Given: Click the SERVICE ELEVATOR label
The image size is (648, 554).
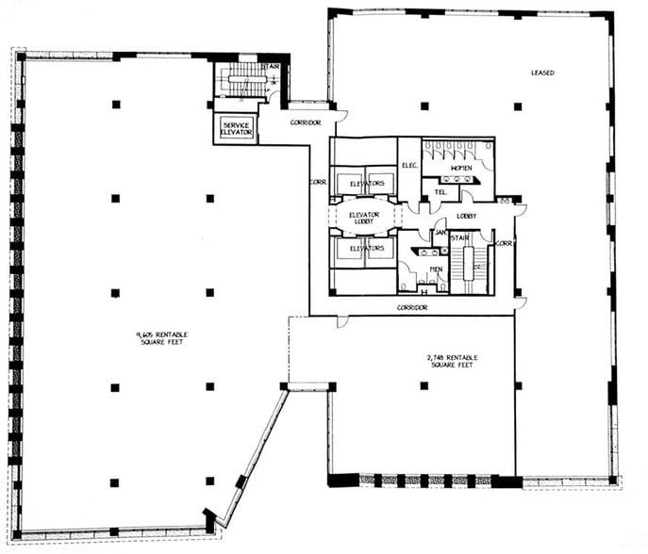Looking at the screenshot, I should (235, 128).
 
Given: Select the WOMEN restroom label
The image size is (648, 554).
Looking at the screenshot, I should (461, 168).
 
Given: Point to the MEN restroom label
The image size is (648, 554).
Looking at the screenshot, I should (437, 269).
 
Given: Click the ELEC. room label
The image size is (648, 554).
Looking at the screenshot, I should (409, 166).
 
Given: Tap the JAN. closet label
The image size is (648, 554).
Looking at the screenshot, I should (439, 232).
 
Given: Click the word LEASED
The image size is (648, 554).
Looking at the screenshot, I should (542, 73).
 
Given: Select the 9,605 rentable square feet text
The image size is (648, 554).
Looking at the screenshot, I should (162, 336).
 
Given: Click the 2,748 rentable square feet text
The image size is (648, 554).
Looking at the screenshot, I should (450, 361).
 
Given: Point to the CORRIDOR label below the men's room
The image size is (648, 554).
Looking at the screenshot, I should (412, 307).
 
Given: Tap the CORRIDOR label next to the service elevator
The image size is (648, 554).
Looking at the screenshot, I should (306, 122).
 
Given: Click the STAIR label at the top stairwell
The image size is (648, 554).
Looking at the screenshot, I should (271, 67).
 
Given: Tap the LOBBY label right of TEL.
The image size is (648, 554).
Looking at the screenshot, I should (467, 216).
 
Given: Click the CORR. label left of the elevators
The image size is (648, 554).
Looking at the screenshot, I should (317, 182).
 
